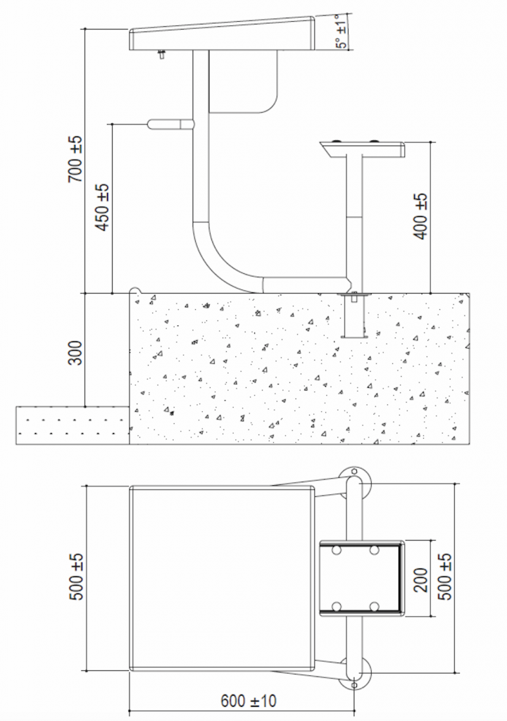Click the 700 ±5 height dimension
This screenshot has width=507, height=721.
pyautogui.click(x=75, y=160)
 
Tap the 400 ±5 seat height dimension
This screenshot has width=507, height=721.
pyautogui.click(x=421, y=217)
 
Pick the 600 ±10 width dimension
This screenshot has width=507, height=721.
pyautogui.click(x=249, y=701)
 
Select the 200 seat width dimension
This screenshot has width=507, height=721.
pyautogui.click(x=420, y=578)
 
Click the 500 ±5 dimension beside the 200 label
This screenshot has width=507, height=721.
pyautogui.click(x=444, y=577)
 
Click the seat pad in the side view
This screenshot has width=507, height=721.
pyautogui.click(x=363, y=149)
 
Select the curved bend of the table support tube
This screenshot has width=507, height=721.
pyautogui.click(x=218, y=261)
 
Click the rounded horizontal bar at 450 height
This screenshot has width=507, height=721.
pyautogui.click(x=170, y=124)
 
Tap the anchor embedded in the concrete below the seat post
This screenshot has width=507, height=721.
pyautogui.click(x=353, y=317)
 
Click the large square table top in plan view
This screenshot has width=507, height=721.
pyautogui.click(x=222, y=577)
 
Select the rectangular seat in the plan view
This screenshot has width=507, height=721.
pyautogui.click(x=361, y=577)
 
